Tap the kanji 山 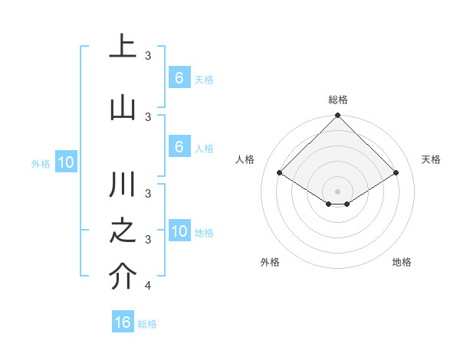[123, 107]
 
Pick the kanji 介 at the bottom [123, 277]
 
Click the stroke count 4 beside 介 [148, 286]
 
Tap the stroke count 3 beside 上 [148, 55]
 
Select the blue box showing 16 [123, 322]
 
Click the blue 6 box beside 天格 [179, 77]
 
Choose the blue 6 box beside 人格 [179, 147]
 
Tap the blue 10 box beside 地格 [179, 231]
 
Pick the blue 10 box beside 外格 [66, 162]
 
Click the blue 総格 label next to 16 [148, 324]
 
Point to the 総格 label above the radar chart [338, 100]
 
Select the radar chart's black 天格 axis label [432, 159]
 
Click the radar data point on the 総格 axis [338, 116]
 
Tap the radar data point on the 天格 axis [396, 172]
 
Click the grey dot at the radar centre [338, 191]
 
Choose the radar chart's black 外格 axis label [270, 262]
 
